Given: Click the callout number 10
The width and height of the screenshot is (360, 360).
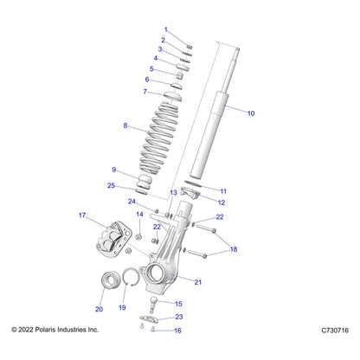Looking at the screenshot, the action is tap(251, 113).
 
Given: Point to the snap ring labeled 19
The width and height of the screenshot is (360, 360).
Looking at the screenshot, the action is tap(131, 277).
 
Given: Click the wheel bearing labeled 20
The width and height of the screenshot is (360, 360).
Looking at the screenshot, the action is tap(111, 280).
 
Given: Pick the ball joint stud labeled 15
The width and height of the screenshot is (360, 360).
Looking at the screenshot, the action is tap(153, 305).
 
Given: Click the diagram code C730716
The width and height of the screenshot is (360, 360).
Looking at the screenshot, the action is tap(335, 331).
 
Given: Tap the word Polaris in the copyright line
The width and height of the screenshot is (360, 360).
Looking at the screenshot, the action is tap(46, 330).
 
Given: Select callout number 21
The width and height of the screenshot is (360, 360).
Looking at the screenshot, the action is tap(198, 282).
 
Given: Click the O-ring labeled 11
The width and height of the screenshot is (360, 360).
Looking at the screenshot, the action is tap(193, 183).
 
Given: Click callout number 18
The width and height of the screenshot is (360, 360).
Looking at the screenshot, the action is tap(234, 249).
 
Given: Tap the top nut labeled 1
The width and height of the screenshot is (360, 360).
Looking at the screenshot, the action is tap(190, 47).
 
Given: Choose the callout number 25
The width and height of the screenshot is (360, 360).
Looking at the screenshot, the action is tap(111, 185).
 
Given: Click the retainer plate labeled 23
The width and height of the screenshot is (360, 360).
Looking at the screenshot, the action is tap(149, 318).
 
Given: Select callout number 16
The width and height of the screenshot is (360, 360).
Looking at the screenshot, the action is tap(177, 331).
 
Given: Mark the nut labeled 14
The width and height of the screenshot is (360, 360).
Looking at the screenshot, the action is tap(138, 236).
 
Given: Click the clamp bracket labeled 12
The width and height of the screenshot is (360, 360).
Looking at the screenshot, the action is tap(190, 193).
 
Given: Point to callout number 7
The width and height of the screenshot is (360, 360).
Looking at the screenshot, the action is tap(145, 92).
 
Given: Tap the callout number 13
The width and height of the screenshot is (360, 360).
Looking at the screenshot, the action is tap(173, 192).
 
